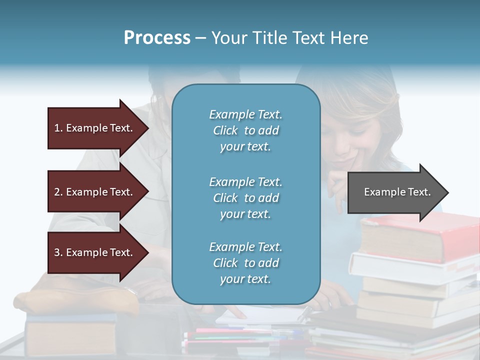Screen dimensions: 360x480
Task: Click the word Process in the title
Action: (157, 38)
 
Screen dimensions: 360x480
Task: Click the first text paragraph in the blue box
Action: (245, 130)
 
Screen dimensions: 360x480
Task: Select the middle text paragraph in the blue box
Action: (245, 198)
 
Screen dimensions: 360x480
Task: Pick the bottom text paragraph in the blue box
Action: (245, 263)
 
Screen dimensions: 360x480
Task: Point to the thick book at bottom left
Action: (70, 337)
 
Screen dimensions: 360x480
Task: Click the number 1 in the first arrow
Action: (57, 128)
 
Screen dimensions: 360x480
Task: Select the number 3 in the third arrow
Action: (57, 252)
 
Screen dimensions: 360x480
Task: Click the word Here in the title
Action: (350, 38)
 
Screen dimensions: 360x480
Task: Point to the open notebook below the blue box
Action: (260, 315)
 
